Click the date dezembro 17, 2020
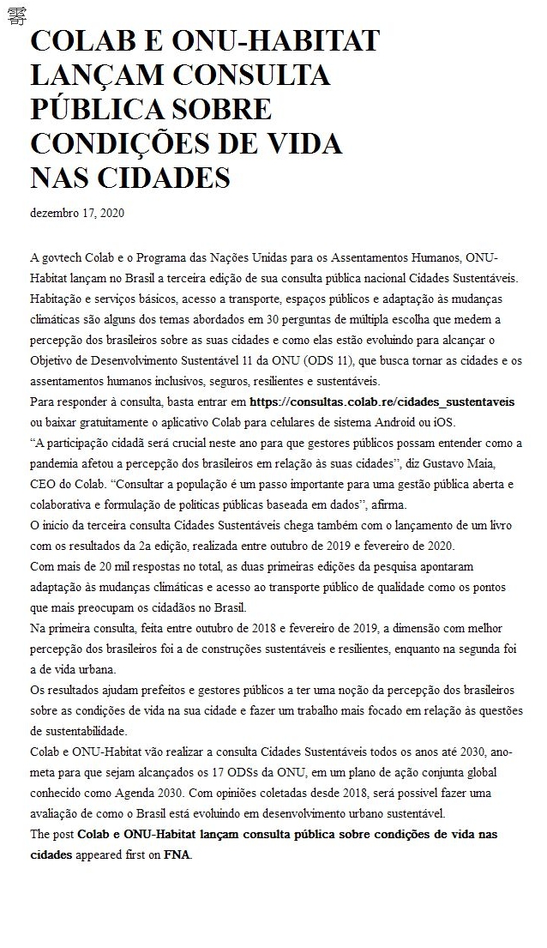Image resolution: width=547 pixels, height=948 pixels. point(77,213)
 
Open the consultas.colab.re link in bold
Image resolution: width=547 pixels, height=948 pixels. point(382,402)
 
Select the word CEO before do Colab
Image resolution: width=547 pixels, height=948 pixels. point(44,484)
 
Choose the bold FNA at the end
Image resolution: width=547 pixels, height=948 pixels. point(177,854)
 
